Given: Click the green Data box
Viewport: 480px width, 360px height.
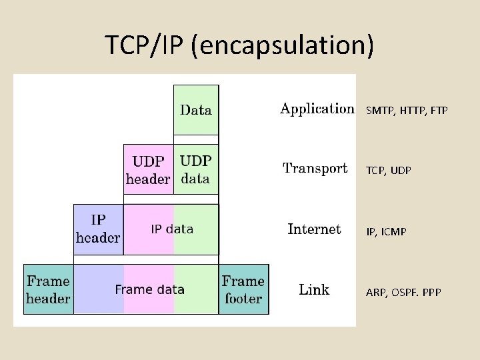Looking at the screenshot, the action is pyautogui.click(x=196, y=110).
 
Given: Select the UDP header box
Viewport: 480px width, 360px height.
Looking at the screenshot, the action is pyautogui.click(x=148, y=169).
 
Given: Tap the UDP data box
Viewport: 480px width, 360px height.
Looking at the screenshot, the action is pyautogui.click(x=196, y=169).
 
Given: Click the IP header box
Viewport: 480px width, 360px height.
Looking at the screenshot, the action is pyautogui.click(x=98, y=229).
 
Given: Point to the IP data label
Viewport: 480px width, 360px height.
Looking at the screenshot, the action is pyautogui.click(x=172, y=229).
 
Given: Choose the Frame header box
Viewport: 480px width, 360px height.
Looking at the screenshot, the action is pyautogui.click(x=48, y=290).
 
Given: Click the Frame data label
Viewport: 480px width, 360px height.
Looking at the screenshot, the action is pyautogui.click(x=149, y=290).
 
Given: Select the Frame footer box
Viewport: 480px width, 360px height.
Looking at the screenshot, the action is pyautogui.click(x=243, y=290).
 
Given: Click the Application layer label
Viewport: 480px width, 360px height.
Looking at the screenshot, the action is pyautogui.click(x=317, y=109).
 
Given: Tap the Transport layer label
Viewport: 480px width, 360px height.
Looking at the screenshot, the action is pyautogui.click(x=315, y=168).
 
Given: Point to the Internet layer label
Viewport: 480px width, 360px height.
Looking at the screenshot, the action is pyautogui.click(x=314, y=229).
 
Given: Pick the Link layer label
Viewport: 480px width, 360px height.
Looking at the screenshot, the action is pyautogui.click(x=314, y=289).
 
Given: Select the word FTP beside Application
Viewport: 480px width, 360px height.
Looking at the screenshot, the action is pyautogui.click(x=437, y=111).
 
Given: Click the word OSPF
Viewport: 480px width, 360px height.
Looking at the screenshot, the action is pyautogui.click(x=402, y=293).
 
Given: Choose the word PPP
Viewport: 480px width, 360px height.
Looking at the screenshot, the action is pyautogui.click(x=431, y=293).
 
